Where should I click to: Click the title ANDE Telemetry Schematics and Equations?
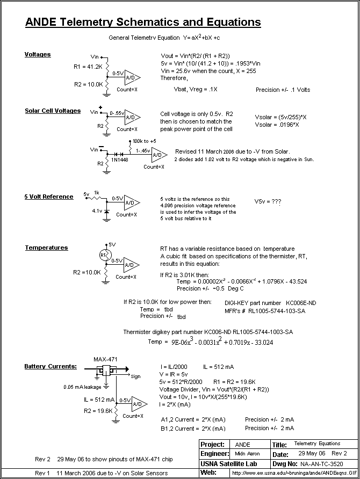pyautogui.click(x=143, y=23)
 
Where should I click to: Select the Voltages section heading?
pyautogui.click(x=38, y=54)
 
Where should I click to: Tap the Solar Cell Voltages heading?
pyautogui.click(x=53, y=111)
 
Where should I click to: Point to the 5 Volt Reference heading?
pyautogui.click(x=49, y=197)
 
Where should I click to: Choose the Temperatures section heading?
pyautogui.click(x=46, y=248)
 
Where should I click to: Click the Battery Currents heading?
pyautogui.click(x=51, y=366)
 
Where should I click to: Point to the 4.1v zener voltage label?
pyautogui.click(x=97, y=212)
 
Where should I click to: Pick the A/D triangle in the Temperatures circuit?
pyautogui.click(x=131, y=265)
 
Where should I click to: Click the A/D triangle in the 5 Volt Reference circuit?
pyautogui.click(x=131, y=204)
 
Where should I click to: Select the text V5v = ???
pyautogui.click(x=268, y=202)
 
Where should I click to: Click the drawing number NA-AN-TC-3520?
pyautogui.click(x=321, y=463)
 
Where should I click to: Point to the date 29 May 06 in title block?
pyautogui.click(x=309, y=454)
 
